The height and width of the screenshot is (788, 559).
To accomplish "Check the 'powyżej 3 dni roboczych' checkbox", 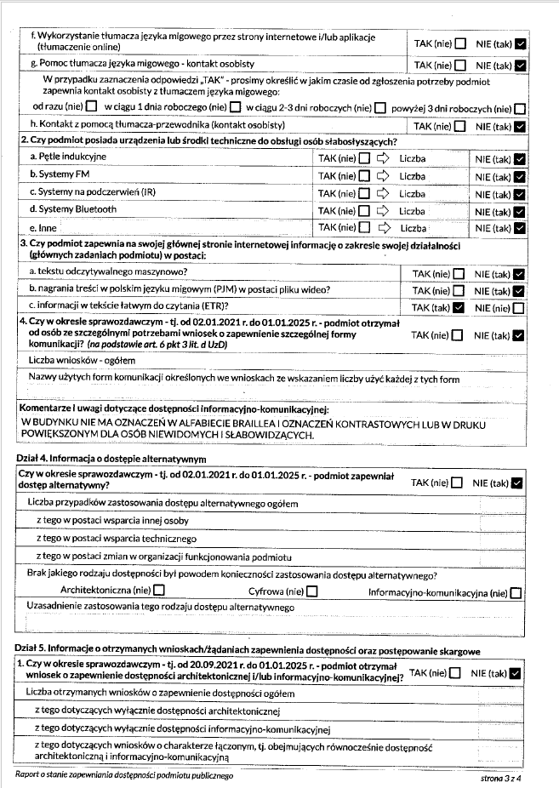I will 520,108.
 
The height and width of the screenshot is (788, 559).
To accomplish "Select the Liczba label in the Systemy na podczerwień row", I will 413,193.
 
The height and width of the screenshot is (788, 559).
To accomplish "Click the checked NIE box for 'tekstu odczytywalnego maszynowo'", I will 521,274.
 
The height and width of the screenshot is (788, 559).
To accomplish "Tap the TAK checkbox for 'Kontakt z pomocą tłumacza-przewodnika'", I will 459,126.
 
